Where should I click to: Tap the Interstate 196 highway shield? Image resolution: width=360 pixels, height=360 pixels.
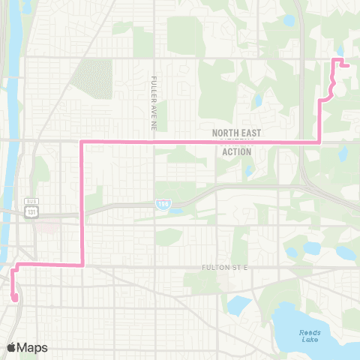[163, 203]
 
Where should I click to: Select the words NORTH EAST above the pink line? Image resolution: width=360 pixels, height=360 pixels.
[237, 132]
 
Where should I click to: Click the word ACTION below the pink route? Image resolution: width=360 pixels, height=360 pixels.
[237, 151]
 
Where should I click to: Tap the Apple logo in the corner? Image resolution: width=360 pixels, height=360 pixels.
[12, 347]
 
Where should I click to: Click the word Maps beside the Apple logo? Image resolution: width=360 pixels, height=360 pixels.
[34, 347]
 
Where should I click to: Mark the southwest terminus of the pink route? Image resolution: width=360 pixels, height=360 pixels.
[14, 298]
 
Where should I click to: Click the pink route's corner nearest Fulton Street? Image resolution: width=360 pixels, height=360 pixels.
[81, 265]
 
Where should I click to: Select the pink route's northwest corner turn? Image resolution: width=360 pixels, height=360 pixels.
[81, 141]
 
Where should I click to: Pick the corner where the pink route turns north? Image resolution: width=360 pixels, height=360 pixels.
[321, 141]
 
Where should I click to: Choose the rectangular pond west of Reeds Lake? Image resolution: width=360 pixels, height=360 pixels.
[238, 304]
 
